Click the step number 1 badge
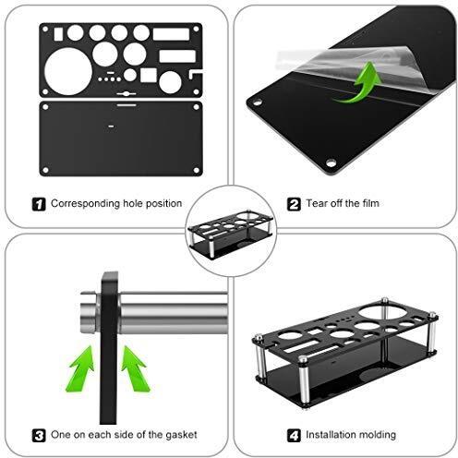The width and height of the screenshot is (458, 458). point(39,204)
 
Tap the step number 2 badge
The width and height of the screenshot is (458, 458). point(294,204)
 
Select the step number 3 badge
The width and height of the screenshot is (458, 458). point(39,436)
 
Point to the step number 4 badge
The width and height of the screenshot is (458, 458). point(294,436)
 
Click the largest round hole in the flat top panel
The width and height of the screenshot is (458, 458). point(68,71)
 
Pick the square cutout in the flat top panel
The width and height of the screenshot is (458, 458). point(149,75)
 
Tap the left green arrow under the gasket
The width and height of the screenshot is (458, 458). point(81,369)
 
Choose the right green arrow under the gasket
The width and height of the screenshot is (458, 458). point(135,368)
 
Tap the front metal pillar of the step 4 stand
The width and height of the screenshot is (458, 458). point(304,381)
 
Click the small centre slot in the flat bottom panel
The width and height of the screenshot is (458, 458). point(111,127)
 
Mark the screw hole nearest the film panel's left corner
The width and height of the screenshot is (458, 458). point(258,102)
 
